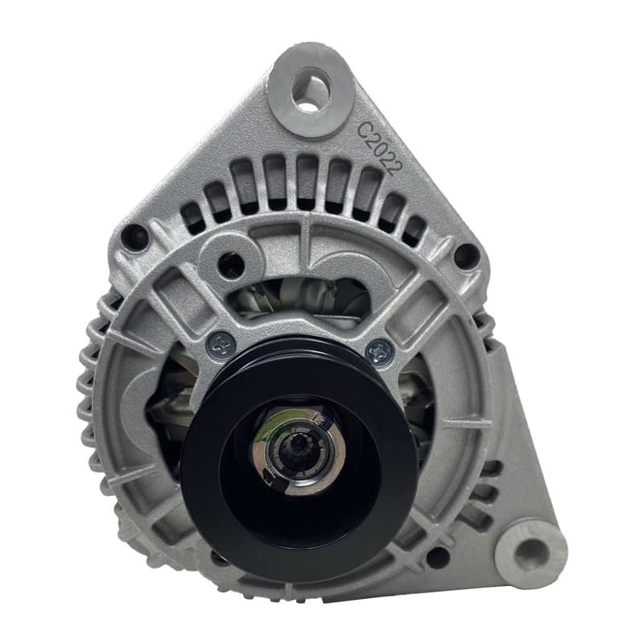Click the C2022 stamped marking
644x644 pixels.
point(378,149)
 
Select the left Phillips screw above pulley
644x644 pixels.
point(221,345)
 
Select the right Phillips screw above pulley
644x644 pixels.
point(378,352)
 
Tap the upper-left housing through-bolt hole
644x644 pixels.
point(134,237)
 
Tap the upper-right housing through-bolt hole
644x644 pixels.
point(467,255)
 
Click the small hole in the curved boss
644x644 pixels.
point(231,265)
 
